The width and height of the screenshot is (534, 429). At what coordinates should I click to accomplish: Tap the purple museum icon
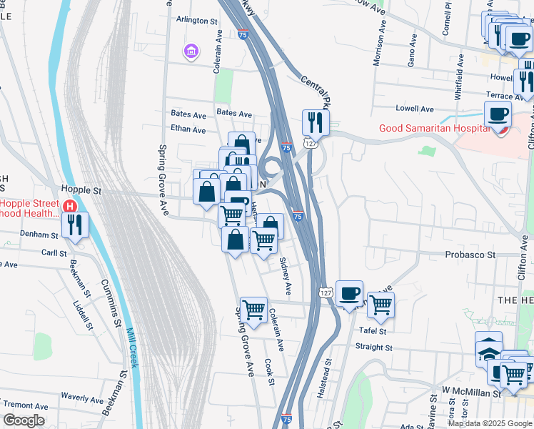pyautogui.click(x=191, y=51)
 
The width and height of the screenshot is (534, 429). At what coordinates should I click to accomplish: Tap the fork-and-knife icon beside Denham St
pyautogui.click(x=75, y=225)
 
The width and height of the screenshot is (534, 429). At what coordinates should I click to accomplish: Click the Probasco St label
pyautogui.click(x=470, y=254)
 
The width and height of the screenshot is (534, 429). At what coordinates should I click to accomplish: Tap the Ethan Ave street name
pyautogui.click(x=188, y=130)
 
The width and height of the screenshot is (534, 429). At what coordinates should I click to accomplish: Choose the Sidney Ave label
pyautogui.click(x=285, y=277)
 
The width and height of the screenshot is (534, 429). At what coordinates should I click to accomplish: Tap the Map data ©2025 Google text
pyautogui.click(x=489, y=423)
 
